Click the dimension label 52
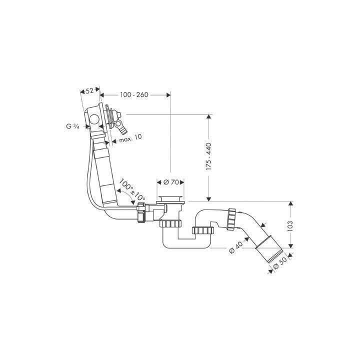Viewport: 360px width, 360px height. [90, 90]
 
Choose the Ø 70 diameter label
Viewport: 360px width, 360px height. [171, 182]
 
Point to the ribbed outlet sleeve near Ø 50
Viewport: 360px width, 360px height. [269, 247]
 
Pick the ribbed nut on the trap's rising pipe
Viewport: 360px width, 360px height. [203, 230]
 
